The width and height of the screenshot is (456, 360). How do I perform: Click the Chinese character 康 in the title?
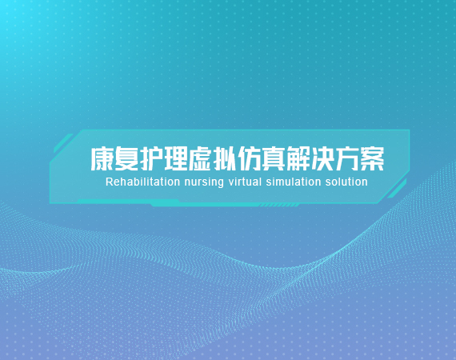pos(102,158)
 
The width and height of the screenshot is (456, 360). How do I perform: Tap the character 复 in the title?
pos(126,158)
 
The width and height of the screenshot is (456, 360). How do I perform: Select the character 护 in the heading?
pos(151,158)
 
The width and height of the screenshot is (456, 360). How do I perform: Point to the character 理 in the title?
pos(175,158)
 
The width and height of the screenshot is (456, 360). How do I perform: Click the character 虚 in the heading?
pos(200,158)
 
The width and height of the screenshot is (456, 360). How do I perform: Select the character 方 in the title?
pos(347,158)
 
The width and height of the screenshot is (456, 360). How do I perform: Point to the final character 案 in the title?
pos(373,158)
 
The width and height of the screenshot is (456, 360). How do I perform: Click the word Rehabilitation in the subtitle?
pos(142,182)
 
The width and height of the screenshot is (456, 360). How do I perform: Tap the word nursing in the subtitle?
pos(204,182)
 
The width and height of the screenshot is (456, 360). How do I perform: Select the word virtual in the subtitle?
pos(245,182)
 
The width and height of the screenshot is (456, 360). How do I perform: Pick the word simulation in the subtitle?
pos(294,182)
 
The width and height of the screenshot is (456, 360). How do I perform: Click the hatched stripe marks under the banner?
pos(279,206)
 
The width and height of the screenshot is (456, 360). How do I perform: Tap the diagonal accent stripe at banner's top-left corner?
pos(63,143)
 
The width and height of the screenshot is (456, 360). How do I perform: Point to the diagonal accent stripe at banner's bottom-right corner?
pos(397,189)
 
